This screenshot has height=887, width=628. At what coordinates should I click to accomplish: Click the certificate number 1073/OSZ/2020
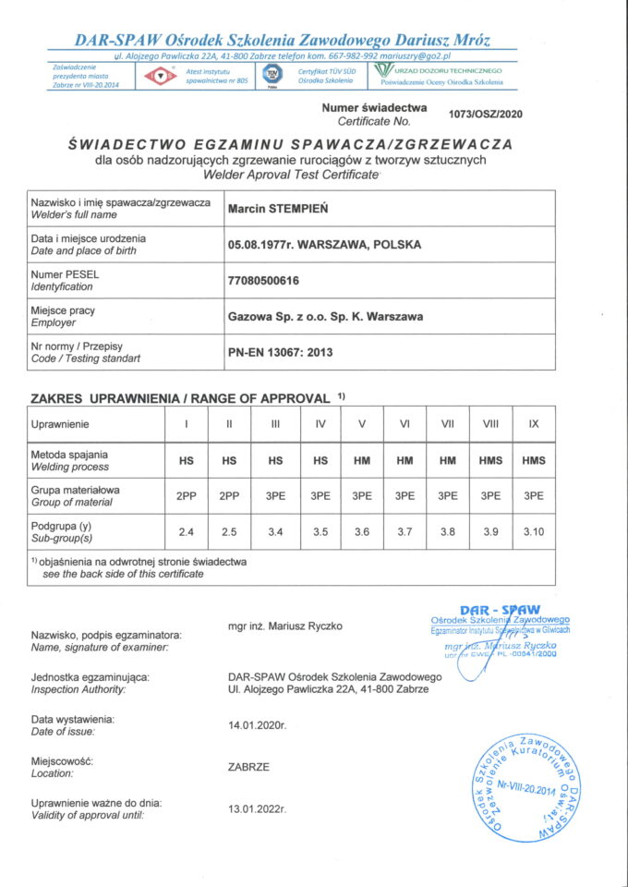point(485,114)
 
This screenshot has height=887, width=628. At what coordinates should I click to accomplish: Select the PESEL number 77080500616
point(263,280)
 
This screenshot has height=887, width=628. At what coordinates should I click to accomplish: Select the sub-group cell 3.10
point(534,533)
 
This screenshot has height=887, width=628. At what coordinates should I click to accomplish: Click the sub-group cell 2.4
point(187,533)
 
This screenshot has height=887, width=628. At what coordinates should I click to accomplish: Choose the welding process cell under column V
point(362,460)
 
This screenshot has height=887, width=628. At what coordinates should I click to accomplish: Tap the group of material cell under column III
point(275,496)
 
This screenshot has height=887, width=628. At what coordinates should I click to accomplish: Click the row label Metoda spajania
point(69,455)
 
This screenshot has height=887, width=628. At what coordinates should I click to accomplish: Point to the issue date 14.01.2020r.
point(258,725)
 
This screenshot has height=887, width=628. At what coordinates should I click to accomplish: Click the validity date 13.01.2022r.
point(258,808)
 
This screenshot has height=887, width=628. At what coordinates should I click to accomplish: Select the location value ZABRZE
point(248,767)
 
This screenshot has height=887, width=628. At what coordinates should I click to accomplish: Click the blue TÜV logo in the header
point(272,76)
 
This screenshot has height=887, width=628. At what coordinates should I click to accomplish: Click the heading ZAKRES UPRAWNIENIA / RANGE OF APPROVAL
point(180,398)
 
